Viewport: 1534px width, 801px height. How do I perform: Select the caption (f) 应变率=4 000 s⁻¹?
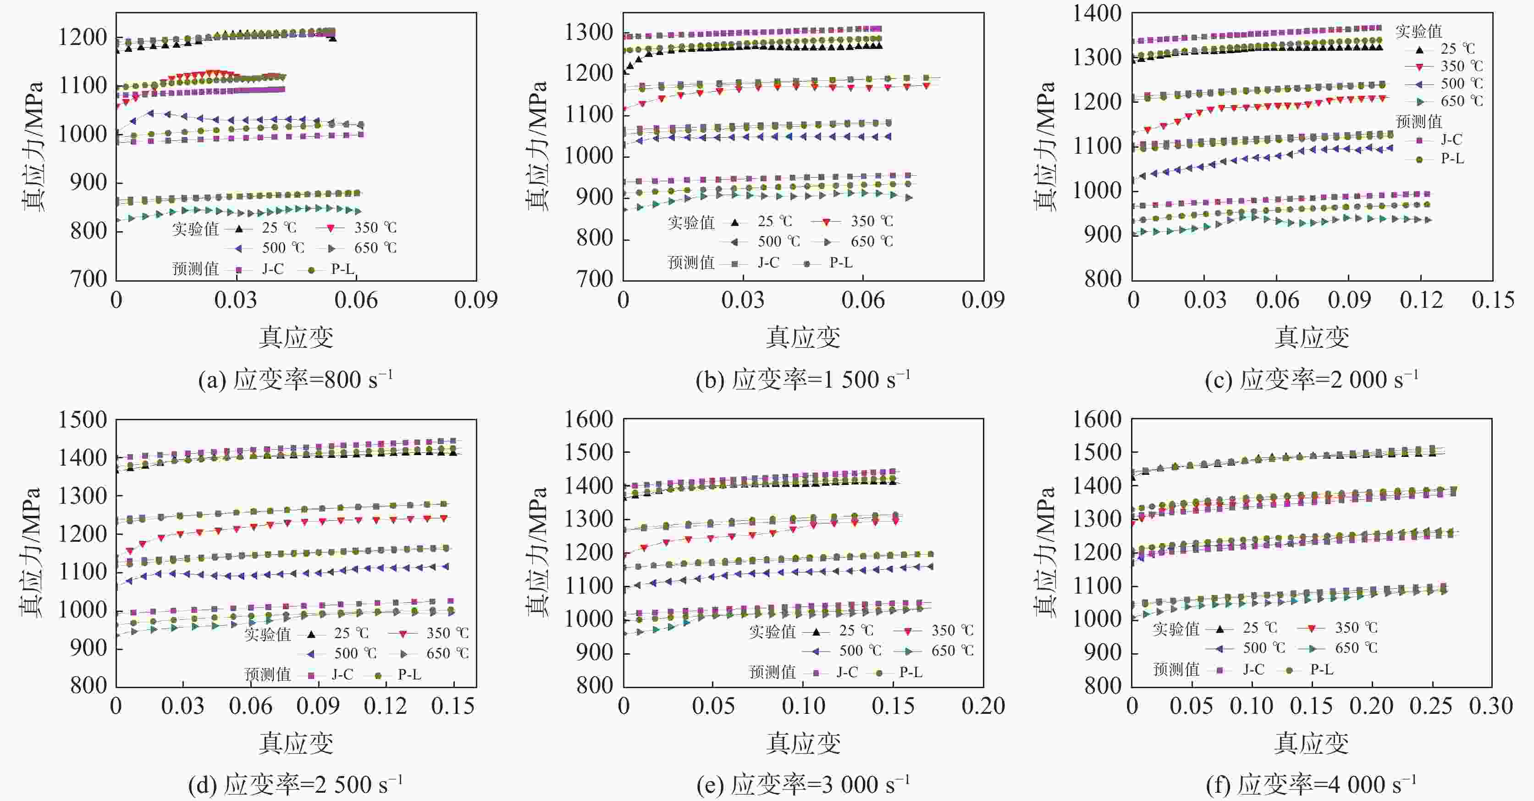coord(1311,785)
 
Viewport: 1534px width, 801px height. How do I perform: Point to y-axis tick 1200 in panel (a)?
coord(82,38)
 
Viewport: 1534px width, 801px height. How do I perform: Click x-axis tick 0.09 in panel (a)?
coord(475,300)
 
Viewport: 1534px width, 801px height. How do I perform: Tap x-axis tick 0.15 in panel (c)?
coord(1492,300)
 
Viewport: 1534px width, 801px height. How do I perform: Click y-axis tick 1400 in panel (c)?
coord(1097,13)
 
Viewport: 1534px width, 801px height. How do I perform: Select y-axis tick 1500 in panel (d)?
coord(82,420)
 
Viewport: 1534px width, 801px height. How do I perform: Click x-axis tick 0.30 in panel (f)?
coord(1491,706)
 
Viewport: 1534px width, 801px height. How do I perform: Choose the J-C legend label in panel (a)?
coord(273,269)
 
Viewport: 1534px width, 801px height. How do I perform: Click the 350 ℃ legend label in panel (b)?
coord(872,222)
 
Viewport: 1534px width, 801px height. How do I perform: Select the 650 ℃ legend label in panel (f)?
coord(1356,648)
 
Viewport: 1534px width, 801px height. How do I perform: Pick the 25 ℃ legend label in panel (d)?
coord(351,633)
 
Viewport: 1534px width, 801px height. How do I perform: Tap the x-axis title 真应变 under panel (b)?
coord(803,337)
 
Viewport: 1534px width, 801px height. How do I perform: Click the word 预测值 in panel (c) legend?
coord(1418,122)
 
